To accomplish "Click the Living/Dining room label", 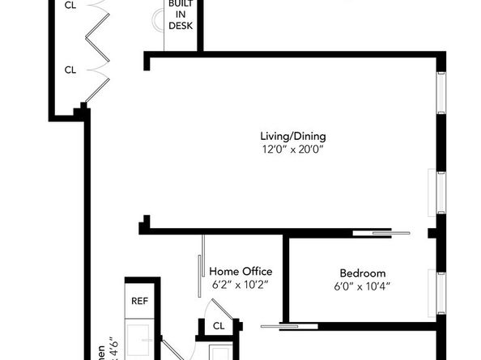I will [x=292, y=136].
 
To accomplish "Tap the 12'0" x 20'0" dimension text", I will [x=292, y=149].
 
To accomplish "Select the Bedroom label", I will [x=362, y=273].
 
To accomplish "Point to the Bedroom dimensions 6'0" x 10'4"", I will [x=361, y=286].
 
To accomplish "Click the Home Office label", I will [x=240, y=271].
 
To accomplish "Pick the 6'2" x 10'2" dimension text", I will [x=240, y=285].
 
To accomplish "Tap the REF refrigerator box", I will [x=140, y=301].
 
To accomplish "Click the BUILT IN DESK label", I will [x=181, y=15].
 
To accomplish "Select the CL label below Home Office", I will [x=219, y=326].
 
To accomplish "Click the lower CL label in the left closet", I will [x=70, y=70].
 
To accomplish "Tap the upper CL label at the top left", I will [x=70, y=4].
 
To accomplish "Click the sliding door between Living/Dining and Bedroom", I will [x=381, y=234].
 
